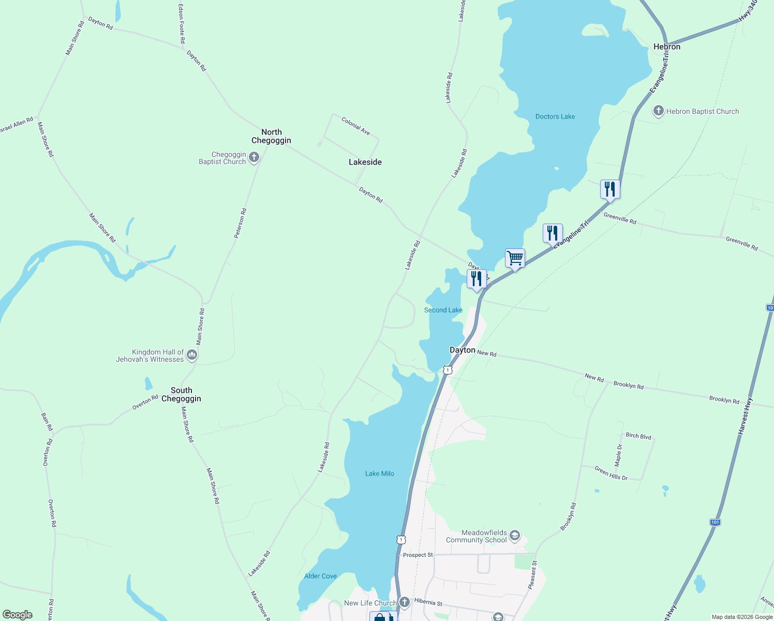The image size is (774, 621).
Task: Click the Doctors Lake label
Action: coord(555,116)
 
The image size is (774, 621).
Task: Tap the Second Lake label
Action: coord(443,310)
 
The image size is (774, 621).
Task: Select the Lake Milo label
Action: coord(379,474)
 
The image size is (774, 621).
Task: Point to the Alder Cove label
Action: coord(320,576)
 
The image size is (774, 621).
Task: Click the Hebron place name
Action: coord(666,47)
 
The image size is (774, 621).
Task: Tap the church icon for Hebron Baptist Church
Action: coord(658,111)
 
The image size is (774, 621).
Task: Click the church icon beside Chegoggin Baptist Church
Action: coord(254,157)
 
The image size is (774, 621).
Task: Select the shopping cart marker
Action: coord(515,258)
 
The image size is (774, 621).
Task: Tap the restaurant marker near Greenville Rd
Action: coord(610,189)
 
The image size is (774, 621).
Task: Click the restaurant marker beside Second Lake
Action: coord(477,278)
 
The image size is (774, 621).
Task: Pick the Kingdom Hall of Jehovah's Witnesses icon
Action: coord(192,355)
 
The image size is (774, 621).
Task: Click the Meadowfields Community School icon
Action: coord(514,536)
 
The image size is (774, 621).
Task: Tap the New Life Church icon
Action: coord(405,602)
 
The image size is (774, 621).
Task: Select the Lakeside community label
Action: coord(365,162)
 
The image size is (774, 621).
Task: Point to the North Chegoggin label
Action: coord(271,136)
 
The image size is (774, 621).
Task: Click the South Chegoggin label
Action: coord(181,394)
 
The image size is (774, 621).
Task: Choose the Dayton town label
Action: coord(462,350)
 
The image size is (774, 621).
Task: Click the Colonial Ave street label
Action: coord(356,126)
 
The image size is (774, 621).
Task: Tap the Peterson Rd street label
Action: coord(240,223)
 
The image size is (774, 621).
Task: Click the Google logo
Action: coord(18,615)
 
